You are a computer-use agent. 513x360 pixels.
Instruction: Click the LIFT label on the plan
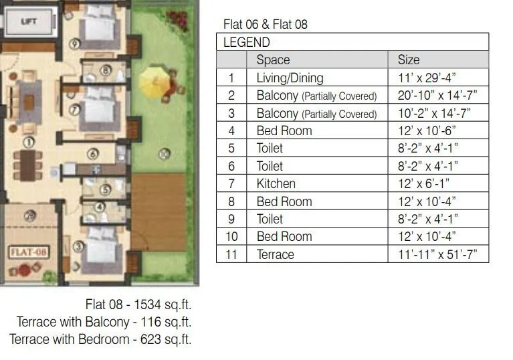click(29, 22)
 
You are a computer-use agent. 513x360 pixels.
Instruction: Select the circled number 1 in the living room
click(28, 142)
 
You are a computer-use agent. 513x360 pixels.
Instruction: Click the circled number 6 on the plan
click(90, 155)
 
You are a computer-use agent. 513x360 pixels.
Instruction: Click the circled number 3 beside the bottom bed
click(78, 246)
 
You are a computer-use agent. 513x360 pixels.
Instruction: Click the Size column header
click(409, 60)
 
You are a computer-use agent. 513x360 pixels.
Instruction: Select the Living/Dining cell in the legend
click(290, 78)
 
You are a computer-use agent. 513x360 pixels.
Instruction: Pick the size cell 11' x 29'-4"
click(428, 78)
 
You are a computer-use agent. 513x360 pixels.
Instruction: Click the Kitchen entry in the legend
click(276, 183)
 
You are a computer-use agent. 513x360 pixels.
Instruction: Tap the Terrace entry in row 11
click(275, 254)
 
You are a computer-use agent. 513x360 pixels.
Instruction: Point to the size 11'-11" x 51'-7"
click(437, 254)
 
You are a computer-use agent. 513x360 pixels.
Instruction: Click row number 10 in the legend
click(231, 236)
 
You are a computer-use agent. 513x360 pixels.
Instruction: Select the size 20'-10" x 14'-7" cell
click(437, 95)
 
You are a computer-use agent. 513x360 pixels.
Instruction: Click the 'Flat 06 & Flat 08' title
click(266, 25)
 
